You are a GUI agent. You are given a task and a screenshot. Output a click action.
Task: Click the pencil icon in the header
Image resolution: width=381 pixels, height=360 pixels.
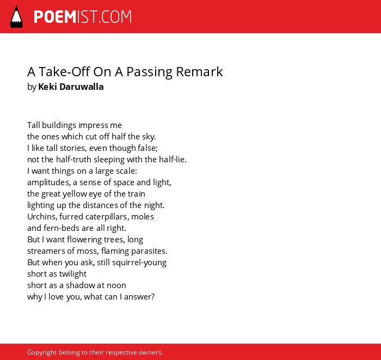pos(16,17)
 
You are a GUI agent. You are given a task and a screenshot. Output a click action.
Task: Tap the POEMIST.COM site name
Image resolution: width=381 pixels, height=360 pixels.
pos(83,17)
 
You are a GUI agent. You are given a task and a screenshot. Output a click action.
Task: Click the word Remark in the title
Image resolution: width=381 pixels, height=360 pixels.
pos(199,72)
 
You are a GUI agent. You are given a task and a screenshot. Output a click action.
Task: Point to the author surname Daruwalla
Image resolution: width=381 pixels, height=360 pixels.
pos(82,87)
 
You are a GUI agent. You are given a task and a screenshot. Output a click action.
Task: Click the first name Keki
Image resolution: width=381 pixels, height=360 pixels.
pos(48,87)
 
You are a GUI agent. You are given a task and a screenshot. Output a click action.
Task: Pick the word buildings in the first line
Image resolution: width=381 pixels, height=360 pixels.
pos(59,125)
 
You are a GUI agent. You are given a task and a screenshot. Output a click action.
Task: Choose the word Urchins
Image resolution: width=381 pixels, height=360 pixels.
pos(42,217)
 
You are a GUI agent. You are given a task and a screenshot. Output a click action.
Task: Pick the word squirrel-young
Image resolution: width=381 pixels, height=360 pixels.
pos(139,263)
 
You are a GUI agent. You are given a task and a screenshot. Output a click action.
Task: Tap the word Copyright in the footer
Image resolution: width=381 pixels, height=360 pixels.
pos(42,352)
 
